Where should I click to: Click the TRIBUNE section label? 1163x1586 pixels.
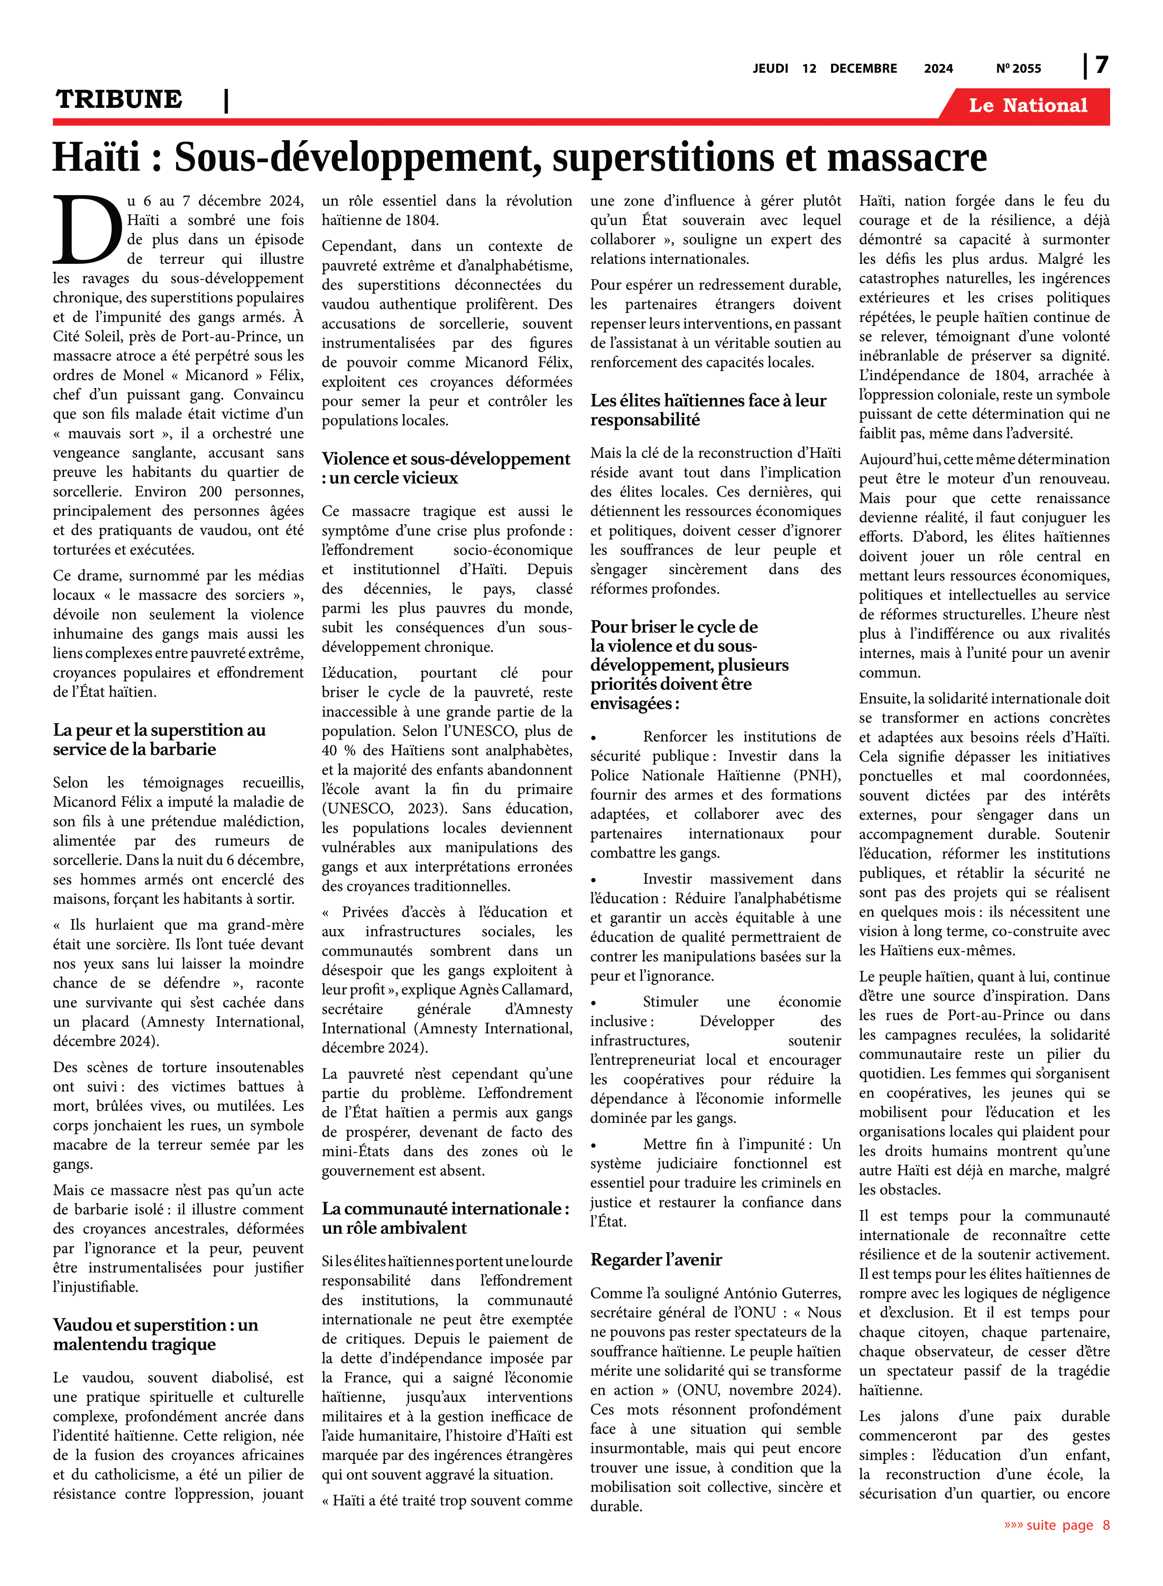pos(119,99)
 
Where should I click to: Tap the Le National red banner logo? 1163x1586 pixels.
pos(1027,106)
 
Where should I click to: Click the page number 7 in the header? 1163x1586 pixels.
pos(1102,66)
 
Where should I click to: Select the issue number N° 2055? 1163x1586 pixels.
pos(1018,68)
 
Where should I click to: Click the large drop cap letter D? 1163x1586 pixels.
pos(87,229)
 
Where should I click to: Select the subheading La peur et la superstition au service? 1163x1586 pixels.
pos(159,739)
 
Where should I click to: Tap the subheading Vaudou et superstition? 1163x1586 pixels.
pos(155,1334)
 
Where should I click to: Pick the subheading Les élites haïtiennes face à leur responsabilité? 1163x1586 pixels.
pos(708,410)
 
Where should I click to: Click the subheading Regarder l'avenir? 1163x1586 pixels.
pos(656,1259)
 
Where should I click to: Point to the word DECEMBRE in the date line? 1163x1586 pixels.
pos(863,68)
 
